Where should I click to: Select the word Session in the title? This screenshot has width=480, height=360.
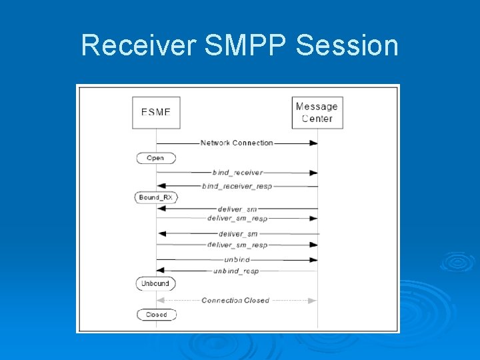(x=347, y=45)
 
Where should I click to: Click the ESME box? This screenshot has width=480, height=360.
(x=156, y=113)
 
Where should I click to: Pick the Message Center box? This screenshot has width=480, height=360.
(x=317, y=113)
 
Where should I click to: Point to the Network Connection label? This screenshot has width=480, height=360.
(x=237, y=143)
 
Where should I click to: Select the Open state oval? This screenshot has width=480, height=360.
(x=156, y=158)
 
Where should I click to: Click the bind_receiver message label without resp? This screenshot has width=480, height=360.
(x=237, y=173)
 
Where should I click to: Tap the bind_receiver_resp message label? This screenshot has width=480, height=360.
(x=237, y=186)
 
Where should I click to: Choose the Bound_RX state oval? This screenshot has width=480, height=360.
(x=157, y=197)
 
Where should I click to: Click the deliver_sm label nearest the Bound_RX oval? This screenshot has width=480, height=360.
(x=237, y=209)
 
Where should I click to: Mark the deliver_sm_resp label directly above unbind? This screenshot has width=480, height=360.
(x=237, y=245)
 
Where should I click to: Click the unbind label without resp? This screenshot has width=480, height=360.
(x=237, y=259)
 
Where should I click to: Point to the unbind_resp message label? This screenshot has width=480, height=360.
(x=236, y=271)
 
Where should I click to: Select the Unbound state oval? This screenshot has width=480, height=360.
(x=156, y=283)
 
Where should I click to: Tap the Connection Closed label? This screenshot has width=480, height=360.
(x=235, y=301)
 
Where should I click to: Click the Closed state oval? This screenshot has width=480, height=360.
(x=157, y=315)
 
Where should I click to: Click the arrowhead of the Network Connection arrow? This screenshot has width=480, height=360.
(x=313, y=143)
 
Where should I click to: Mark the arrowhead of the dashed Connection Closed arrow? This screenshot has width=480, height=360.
(x=313, y=301)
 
